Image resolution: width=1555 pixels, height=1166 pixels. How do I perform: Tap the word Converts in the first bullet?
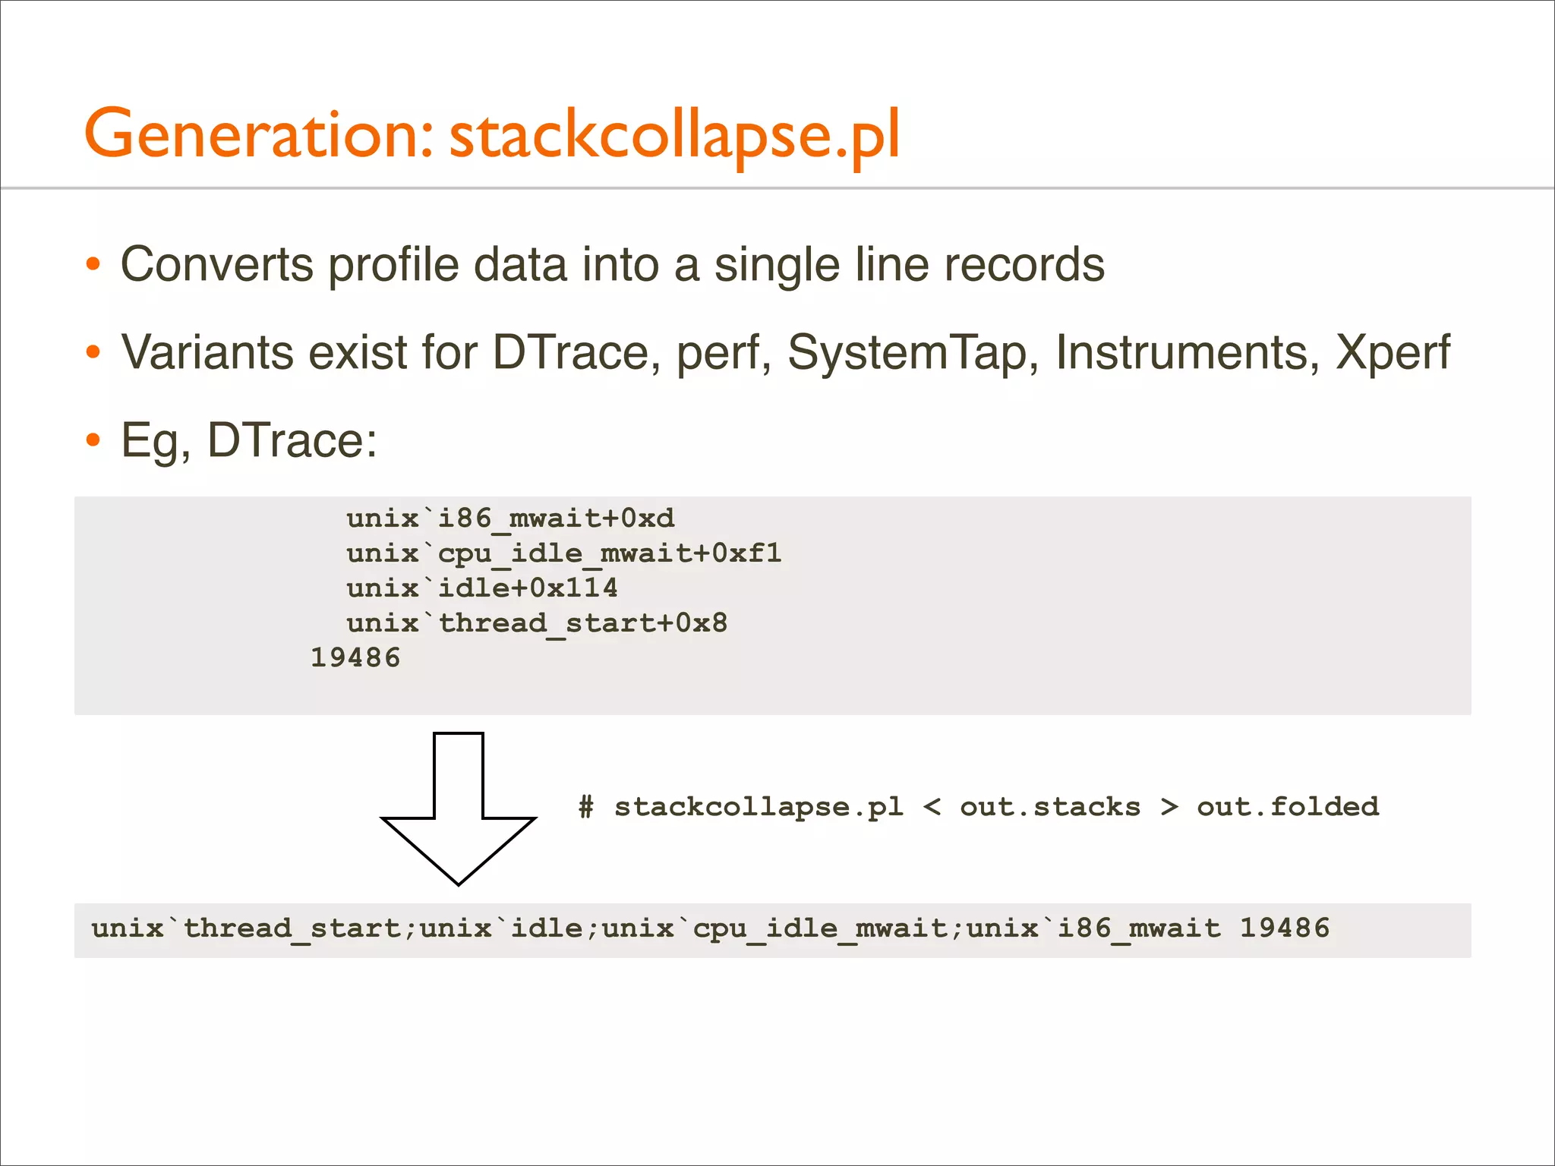click(216, 265)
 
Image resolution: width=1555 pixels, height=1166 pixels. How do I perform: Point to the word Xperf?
click(1393, 352)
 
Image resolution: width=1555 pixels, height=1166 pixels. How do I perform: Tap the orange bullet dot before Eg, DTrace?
click(93, 440)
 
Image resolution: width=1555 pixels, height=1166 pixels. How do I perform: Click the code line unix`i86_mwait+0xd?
click(510, 518)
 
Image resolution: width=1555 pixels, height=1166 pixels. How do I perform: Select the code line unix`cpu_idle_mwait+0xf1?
click(563, 553)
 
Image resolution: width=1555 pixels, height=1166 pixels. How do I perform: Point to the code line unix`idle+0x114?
click(482, 588)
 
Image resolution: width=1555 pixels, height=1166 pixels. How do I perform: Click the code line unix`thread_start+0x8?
click(537, 623)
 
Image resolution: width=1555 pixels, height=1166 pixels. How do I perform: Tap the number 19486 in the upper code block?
click(355, 657)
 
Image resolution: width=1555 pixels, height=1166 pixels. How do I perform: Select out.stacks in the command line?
click(1049, 807)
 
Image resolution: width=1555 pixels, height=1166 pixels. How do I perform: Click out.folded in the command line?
click(1288, 807)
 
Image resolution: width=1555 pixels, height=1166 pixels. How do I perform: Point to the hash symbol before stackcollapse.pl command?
click(585, 807)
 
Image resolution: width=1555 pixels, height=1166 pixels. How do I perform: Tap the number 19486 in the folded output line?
click(1285, 928)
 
